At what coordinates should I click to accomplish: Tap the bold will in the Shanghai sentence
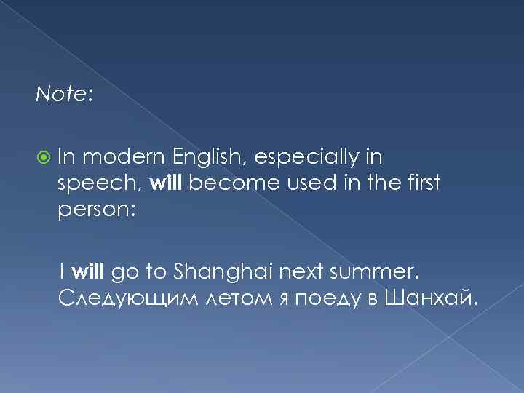89,273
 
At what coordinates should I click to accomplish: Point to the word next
301,273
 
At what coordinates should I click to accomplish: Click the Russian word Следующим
116,298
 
